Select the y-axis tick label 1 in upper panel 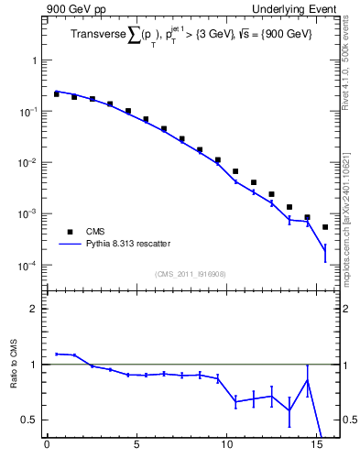click(x=33, y=60)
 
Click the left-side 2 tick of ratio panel click(x=33, y=309)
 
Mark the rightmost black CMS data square click(x=325, y=227)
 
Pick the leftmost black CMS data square click(x=56, y=94)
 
